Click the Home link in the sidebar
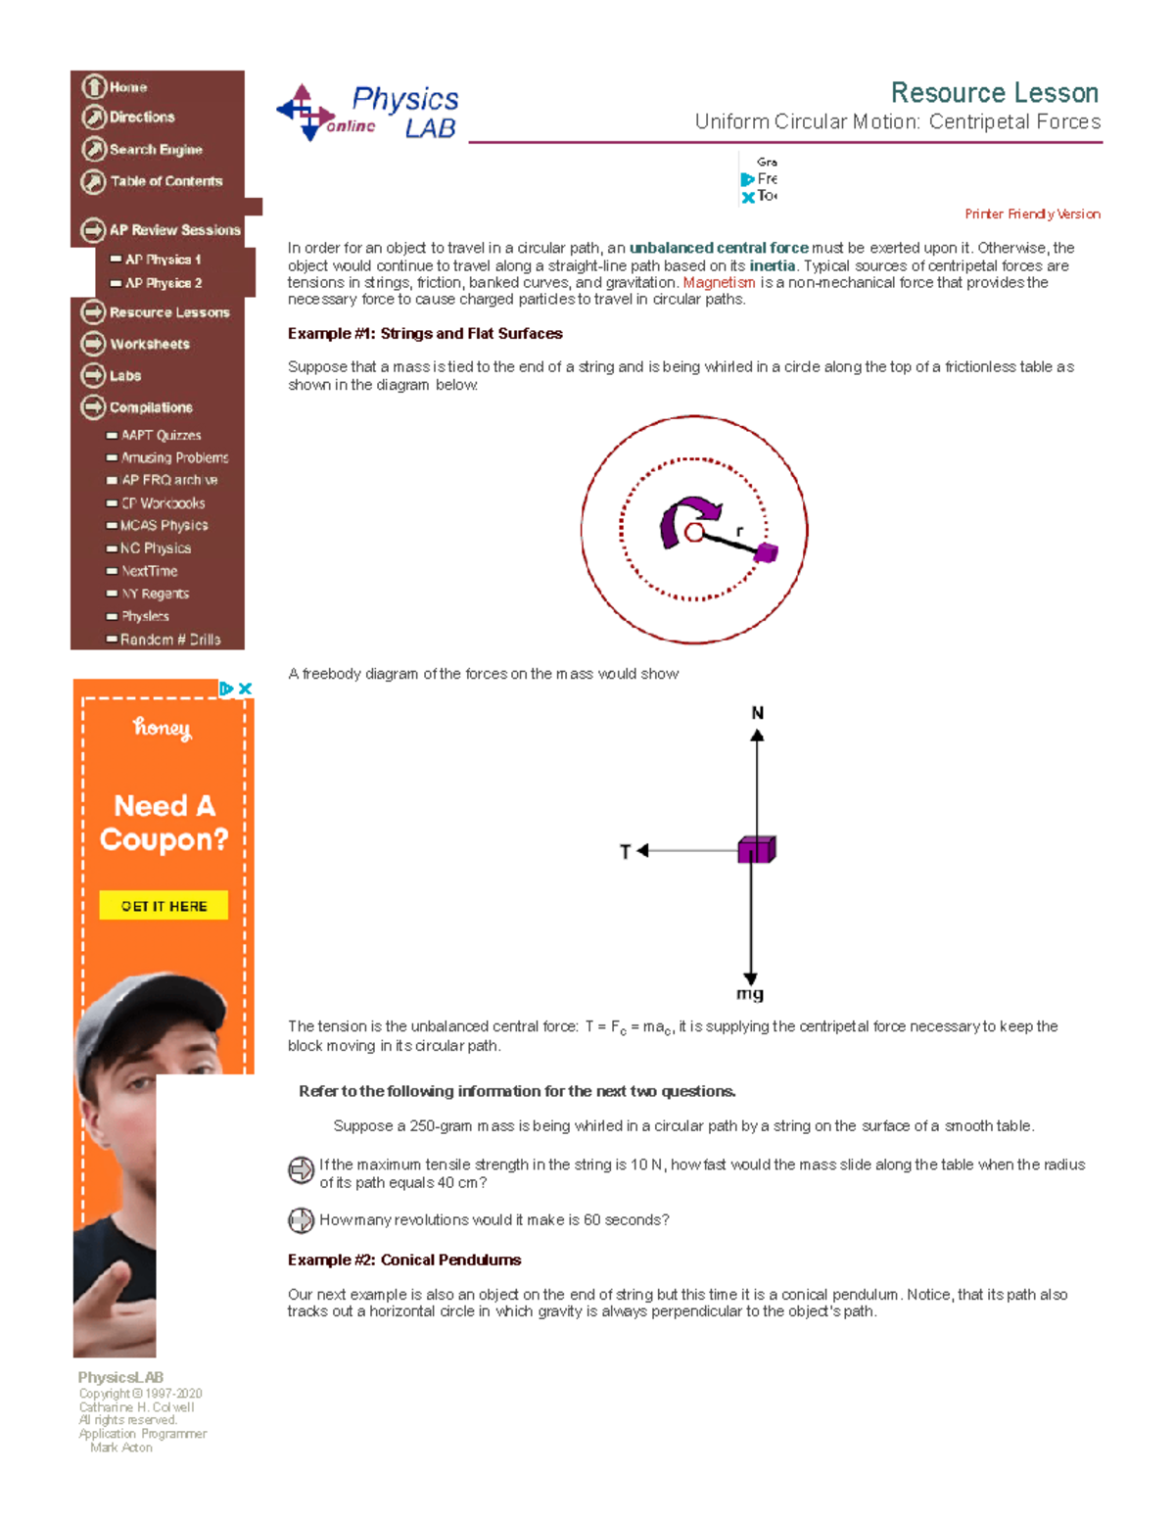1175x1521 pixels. pyautogui.click(x=127, y=87)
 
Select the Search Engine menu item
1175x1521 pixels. pyautogui.click(x=155, y=150)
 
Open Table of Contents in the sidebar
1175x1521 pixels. pyautogui.click(x=165, y=181)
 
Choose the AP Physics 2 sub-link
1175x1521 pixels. pyautogui.click(x=163, y=283)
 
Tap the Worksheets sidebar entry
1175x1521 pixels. pyautogui.click(x=149, y=344)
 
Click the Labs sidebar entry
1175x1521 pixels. pyautogui.click(x=124, y=375)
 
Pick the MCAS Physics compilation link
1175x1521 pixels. pyautogui.click(x=164, y=526)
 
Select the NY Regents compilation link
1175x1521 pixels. pyautogui.click(x=155, y=594)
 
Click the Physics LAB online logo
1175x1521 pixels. pyautogui.click(x=368, y=113)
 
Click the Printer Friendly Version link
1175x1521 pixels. pyautogui.click(x=1032, y=214)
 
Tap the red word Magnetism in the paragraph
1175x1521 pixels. pyautogui.click(x=719, y=283)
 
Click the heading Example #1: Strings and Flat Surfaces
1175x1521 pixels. pyautogui.click(x=425, y=334)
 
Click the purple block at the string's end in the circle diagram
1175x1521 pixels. pyautogui.click(x=766, y=552)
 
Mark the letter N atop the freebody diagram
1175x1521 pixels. pyautogui.click(x=757, y=713)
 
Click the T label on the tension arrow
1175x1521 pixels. pyautogui.click(x=626, y=852)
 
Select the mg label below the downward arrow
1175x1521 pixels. pyautogui.click(x=750, y=994)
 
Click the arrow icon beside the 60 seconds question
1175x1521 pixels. pyautogui.click(x=301, y=1220)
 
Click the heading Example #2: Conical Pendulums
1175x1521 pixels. pyautogui.click(x=403, y=1260)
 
